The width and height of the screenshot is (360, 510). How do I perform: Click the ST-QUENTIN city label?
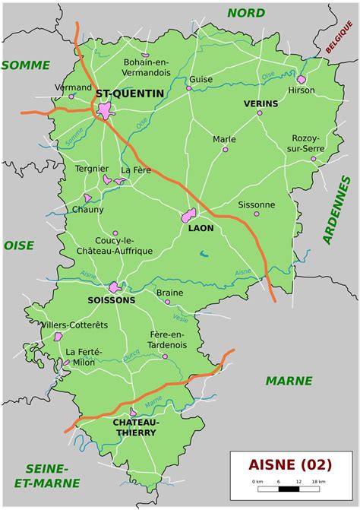pos(129,93)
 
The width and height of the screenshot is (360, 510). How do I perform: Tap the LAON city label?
pos(201,227)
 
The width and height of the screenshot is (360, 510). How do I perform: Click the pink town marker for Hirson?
pos(302,79)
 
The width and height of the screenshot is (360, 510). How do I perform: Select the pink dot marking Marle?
pos(225,149)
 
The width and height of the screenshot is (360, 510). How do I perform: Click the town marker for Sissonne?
pos(256,214)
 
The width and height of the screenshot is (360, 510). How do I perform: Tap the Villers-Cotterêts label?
pos(75,325)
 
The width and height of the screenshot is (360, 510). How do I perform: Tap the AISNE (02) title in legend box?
pos(289,464)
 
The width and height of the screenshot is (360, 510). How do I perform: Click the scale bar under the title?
pos(289,489)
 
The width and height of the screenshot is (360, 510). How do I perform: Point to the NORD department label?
pos(246,13)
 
